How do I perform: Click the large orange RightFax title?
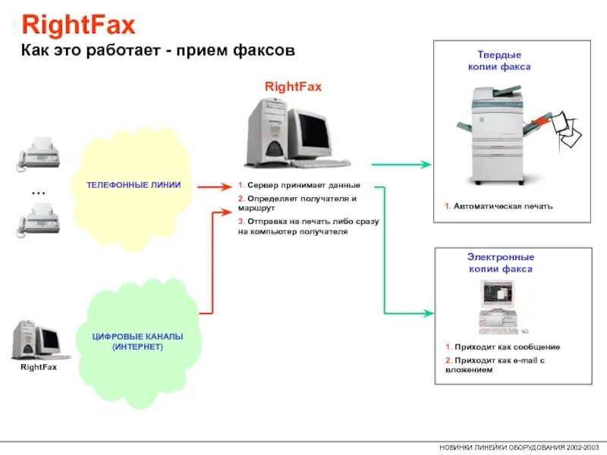(78, 27)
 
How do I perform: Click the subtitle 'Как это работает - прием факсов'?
(157, 51)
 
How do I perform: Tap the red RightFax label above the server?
(293, 86)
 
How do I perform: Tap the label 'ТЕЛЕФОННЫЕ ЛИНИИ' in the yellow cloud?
(133, 186)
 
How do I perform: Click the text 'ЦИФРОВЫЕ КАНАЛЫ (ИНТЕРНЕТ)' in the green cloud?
(137, 341)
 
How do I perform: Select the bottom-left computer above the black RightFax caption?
(39, 340)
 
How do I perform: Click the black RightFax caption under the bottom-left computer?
(39, 368)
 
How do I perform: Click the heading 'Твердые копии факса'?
(499, 61)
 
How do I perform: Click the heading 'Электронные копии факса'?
(500, 263)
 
